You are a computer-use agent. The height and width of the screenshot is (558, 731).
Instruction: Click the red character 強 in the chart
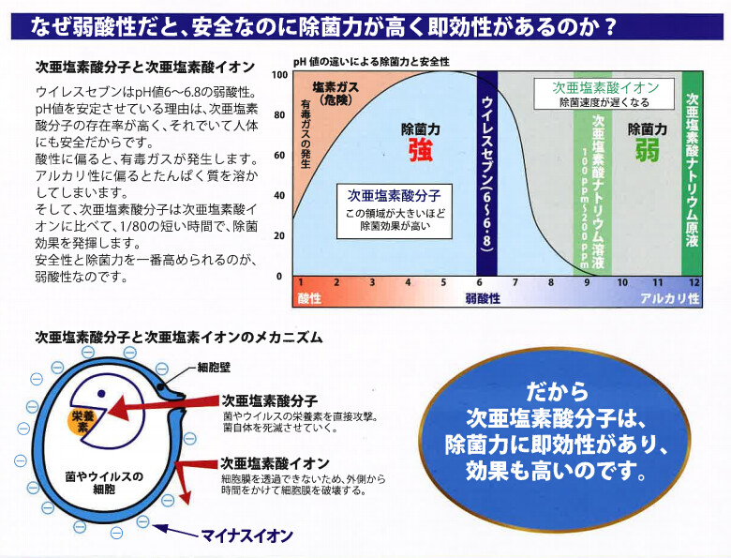(x=421, y=151)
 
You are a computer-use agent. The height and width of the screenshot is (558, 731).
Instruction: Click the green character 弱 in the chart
(x=647, y=151)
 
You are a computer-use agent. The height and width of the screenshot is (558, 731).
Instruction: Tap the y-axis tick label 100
(x=279, y=75)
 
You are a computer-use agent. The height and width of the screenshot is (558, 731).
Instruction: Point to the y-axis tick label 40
(x=279, y=195)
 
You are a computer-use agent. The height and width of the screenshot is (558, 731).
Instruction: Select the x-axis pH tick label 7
(x=515, y=282)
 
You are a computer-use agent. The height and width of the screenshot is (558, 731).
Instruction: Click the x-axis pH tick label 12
(x=694, y=282)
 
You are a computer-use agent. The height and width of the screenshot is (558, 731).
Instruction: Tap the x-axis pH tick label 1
(x=301, y=282)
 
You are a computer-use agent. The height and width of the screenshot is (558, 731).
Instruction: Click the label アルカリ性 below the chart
(x=670, y=298)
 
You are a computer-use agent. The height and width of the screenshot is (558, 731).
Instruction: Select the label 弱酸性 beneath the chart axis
(x=483, y=298)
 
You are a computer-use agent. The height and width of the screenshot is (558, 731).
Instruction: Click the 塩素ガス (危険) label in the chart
(x=336, y=93)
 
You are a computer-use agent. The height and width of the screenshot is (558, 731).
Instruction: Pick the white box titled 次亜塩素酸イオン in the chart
(x=604, y=94)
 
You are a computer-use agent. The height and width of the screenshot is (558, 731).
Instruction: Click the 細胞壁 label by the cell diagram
(x=214, y=368)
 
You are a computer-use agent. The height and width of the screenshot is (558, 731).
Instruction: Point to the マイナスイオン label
(x=247, y=535)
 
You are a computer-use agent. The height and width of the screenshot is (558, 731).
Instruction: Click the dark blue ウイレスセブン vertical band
(x=486, y=173)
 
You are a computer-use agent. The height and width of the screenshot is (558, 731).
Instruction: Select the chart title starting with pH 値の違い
(x=371, y=62)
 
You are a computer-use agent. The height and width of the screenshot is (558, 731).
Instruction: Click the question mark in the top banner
(x=609, y=27)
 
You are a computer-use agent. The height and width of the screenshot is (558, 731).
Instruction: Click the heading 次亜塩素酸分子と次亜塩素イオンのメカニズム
(x=179, y=337)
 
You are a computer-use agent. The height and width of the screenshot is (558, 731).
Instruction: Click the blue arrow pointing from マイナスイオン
(x=175, y=531)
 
